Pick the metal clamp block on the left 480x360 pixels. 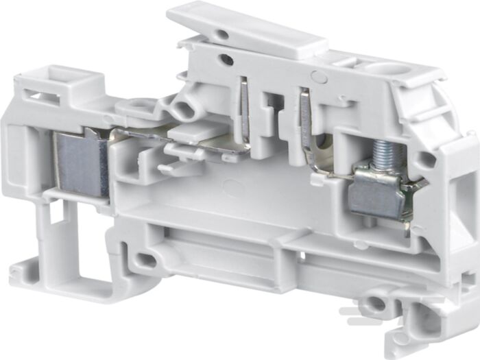(x=80, y=162)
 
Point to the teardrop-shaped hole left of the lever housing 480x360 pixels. (x=184, y=110)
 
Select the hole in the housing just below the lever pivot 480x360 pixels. (x=227, y=60)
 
